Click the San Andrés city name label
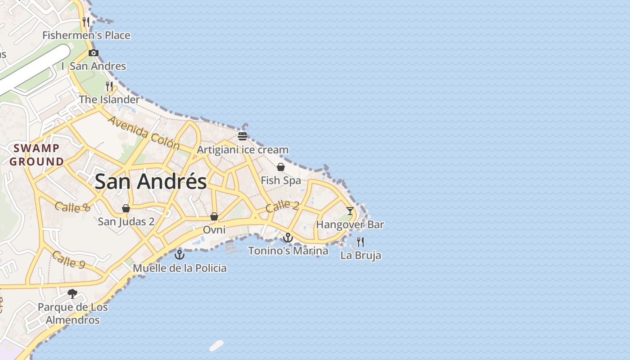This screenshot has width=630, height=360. tap(151, 181)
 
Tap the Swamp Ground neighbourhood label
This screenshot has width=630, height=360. tap(36, 155)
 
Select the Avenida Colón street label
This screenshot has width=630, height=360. tap(144, 133)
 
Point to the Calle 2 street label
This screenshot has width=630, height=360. tap(282, 206)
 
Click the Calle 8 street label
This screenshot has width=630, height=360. tap(72, 207)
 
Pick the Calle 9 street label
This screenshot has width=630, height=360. tap(68, 260)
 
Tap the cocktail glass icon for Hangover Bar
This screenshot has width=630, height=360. tap(350, 211)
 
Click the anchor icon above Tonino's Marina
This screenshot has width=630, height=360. tap(288, 237)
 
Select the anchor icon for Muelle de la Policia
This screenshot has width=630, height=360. tap(180, 255)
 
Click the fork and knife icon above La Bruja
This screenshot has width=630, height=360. tap(360, 242)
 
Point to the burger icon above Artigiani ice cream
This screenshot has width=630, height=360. tap(243, 136)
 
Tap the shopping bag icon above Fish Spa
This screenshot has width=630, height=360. tap(281, 167)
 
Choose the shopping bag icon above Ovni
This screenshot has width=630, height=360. tap(214, 216)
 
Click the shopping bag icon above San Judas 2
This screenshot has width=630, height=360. tap(126, 208)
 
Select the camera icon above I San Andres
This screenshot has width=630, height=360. tap(94, 53)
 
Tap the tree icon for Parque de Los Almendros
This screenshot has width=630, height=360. tap(72, 294)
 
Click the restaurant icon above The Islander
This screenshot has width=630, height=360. tap(109, 86)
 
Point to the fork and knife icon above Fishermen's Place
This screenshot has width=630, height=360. tap(86, 22)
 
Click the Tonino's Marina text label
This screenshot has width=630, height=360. tap(288, 251)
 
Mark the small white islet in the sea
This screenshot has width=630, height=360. tap(216, 346)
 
